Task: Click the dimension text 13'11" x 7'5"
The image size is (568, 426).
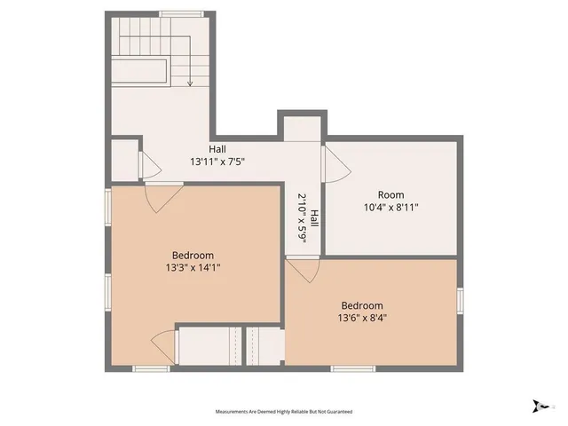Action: (217, 162)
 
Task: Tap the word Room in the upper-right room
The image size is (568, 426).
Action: (390, 195)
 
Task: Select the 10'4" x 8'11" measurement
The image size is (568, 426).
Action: (390, 208)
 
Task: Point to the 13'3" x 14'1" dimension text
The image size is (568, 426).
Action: (193, 267)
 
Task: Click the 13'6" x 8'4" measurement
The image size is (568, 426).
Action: (361, 317)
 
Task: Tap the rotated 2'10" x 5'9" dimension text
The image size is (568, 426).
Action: (303, 218)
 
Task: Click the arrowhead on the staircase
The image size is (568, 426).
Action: (190, 83)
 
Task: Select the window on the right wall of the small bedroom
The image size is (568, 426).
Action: (460, 301)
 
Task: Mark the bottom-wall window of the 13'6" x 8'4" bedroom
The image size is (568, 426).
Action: (353, 368)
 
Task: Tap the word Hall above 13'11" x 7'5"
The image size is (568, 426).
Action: (217, 149)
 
